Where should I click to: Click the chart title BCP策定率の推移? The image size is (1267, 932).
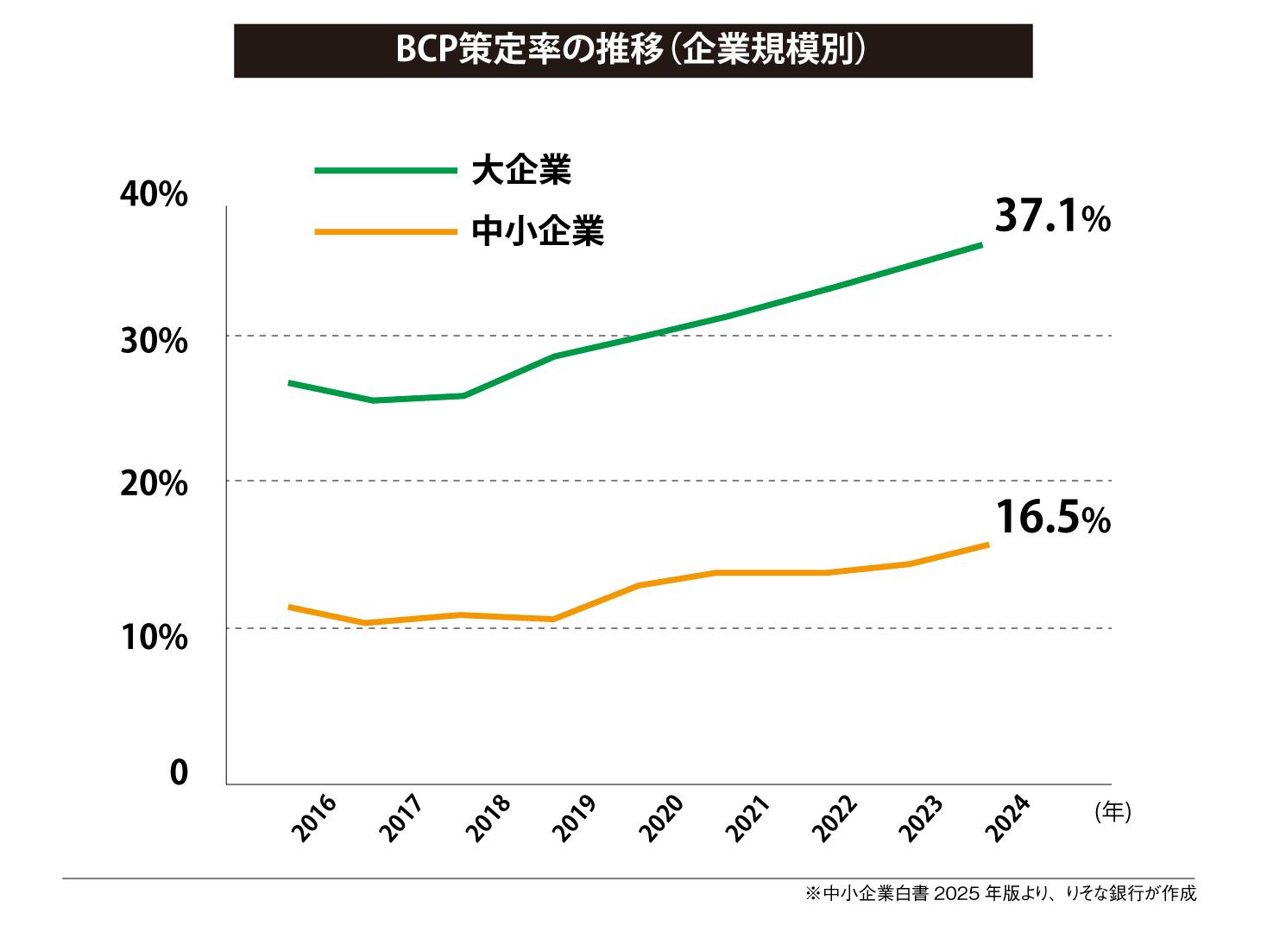[632, 51]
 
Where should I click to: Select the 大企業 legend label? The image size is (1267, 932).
[521, 170]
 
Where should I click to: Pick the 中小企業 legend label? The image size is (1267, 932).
[538, 231]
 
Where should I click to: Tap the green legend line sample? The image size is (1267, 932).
[385, 171]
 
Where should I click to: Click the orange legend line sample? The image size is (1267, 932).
[385, 231]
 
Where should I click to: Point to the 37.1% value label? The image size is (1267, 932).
[1052, 217]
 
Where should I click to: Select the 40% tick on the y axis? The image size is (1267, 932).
[154, 195]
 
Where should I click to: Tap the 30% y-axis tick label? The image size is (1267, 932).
[154, 342]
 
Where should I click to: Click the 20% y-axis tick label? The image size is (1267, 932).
[154, 485]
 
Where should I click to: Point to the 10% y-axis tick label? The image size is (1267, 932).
[154, 638]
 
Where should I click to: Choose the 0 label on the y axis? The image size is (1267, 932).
[178, 773]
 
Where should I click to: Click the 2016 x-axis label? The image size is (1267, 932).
[314, 819]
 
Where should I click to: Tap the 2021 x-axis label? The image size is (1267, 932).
[747, 819]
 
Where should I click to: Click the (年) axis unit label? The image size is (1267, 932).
[1113, 812]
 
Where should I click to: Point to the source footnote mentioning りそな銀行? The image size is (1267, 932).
[1000, 894]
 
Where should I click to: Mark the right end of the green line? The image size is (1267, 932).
[981, 245]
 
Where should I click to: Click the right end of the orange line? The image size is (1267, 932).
[986, 545]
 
